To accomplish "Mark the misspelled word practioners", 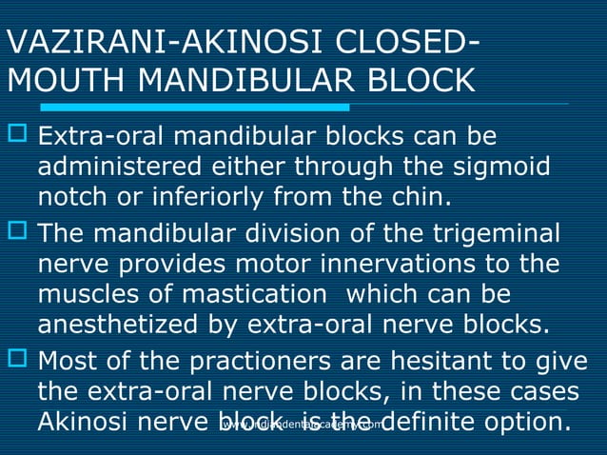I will [x=277, y=362].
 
